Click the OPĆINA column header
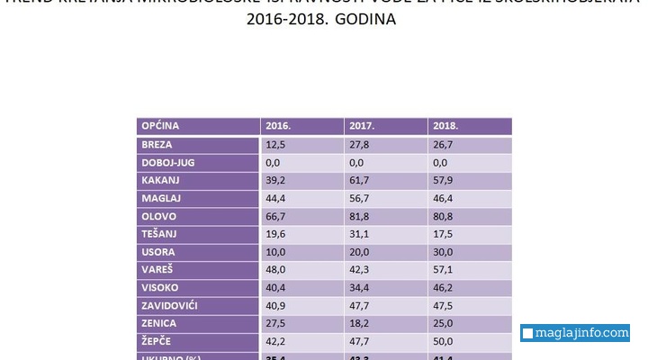pyautogui.click(x=160, y=127)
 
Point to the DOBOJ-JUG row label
pyautogui.click(x=168, y=163)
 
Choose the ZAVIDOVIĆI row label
pyautogui.click(x=170, y=305)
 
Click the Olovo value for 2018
pyautogui.click(x=445, y=217)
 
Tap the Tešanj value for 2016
pyautogui.click(x=277, y=234)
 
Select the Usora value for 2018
pyautogui.click(x=445, y=252)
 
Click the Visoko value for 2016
pyautogui.click(x=277, y=288)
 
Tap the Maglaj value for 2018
pyautogui.click(x=445, y=198)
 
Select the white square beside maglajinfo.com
pyautogui.click(x=528, y=334)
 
